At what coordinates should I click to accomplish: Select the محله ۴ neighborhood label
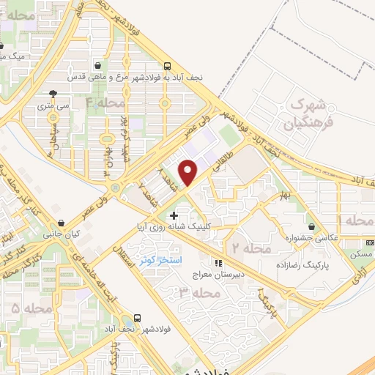(x=105, y=103)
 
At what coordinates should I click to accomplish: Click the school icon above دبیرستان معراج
(x=218, y=263)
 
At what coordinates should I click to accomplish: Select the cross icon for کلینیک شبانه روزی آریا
(x=174, y=215)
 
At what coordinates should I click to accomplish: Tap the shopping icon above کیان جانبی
(x=62, y=223)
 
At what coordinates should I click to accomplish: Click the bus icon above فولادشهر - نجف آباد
(x=138, y=319)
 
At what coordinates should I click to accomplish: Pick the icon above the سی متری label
(x=54, y=94)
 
